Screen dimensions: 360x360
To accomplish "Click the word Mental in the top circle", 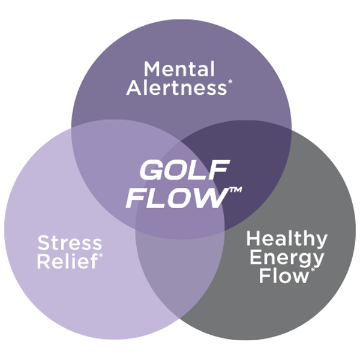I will [x=179, y=68].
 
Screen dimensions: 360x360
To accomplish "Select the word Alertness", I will [x=179, y=89].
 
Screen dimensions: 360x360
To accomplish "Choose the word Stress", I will [x=70, y=244].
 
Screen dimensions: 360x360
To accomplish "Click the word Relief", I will [x=67, y=262].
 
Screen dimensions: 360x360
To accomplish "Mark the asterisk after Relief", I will [x=100, y=257].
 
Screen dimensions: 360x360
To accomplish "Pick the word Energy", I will [x=287, y=258].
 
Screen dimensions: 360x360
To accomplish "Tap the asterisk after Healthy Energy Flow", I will [x=312, y=272].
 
